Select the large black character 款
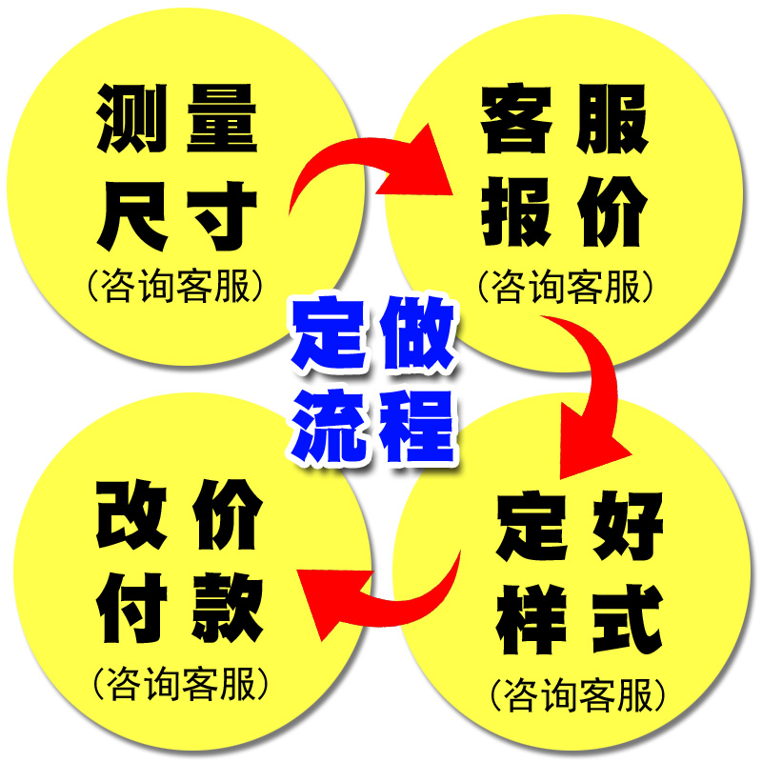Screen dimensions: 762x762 tap(224, 610)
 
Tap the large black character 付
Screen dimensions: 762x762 tap(132, 610)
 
